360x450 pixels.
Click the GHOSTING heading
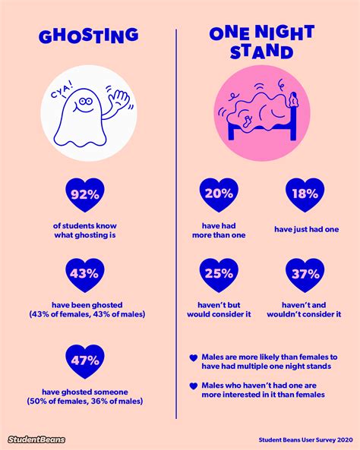coord(89,36)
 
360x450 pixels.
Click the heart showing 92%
coord(85,196)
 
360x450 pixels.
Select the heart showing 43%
coord(85,275)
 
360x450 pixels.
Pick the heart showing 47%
coord(85,361)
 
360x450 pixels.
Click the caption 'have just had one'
coord(307,229)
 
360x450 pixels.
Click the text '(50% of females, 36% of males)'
coord(85,401)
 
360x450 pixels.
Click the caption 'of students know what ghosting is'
coord(85,230)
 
